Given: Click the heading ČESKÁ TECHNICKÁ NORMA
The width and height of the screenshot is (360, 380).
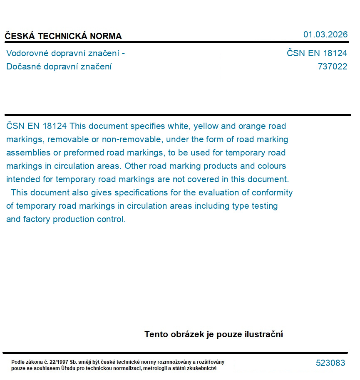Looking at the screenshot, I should click(63, 36).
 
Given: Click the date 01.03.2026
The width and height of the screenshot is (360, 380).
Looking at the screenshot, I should click(325, 35).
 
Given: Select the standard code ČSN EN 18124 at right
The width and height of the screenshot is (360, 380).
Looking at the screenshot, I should click(317, 53).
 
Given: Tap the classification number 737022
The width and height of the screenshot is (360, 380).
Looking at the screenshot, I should click(332, 67).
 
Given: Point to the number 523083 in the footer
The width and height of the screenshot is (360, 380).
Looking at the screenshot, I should click(330, 363).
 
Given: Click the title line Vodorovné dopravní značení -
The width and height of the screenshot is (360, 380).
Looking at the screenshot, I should click(65, 53).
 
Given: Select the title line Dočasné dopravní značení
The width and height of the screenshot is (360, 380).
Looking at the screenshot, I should click(59, 67).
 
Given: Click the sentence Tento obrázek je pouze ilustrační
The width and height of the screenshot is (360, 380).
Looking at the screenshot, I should click(214, 334).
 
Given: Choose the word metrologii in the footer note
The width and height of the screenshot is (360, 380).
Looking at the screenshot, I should click(156, 368).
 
